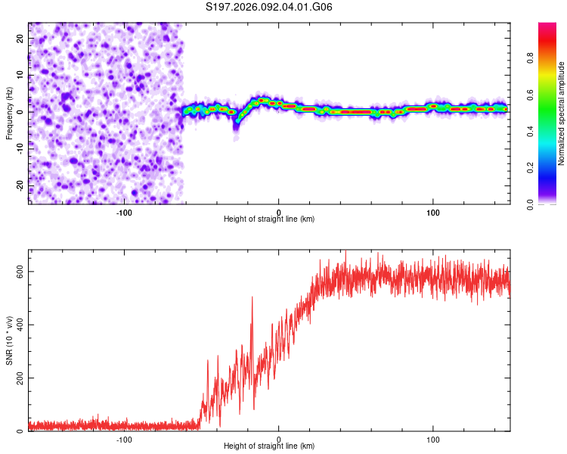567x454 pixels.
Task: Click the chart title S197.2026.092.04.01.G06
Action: tap(270, 8)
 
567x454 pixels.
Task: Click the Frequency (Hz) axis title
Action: tap(9, 113)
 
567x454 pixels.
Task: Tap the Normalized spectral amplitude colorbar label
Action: tap(561, 113)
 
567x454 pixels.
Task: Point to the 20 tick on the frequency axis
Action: tap(20, 38)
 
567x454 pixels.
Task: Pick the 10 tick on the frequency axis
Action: tap(20, 75)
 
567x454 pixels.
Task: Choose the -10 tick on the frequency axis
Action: tap(19, 148)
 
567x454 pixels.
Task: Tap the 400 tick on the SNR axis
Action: tap(18, 325)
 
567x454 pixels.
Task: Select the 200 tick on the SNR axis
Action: tap(18, 378)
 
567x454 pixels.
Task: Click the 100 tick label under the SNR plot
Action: tap(433, 439)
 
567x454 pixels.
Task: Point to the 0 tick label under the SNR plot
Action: tap(279, 439)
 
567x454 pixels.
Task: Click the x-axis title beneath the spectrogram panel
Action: tap(269, 219)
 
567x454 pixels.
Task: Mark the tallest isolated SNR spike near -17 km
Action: tap(253, 298)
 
